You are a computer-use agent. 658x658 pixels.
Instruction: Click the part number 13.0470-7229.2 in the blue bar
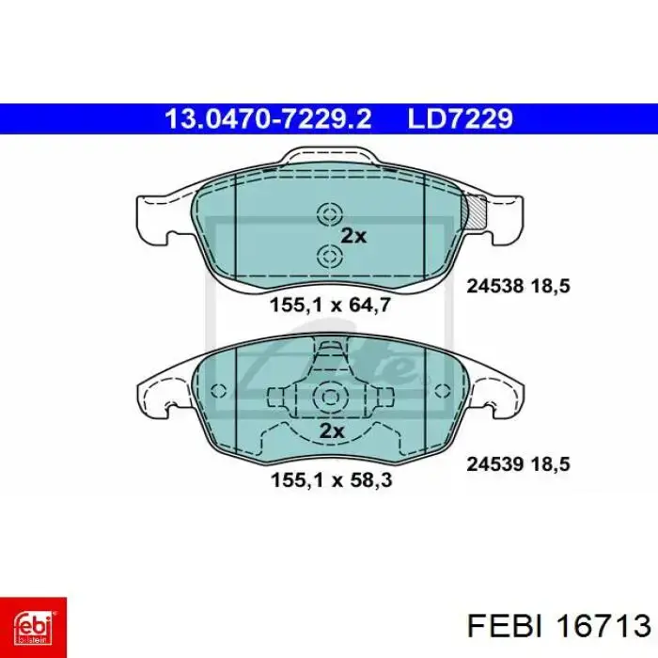[268, 118]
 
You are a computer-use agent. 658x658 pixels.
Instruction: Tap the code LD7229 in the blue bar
[461, 118]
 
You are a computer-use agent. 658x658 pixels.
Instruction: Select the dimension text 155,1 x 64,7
[331, 305]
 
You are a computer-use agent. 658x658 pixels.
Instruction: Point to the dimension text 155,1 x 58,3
[331, 479]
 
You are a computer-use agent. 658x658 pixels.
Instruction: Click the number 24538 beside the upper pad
[495, 286]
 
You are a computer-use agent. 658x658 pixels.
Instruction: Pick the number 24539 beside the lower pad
[495, 464]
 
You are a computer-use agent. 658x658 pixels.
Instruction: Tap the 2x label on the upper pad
[353, 236]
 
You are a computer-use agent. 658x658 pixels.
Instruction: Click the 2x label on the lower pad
[332, 431]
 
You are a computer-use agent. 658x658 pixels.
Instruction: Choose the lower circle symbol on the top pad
[330, 256]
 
